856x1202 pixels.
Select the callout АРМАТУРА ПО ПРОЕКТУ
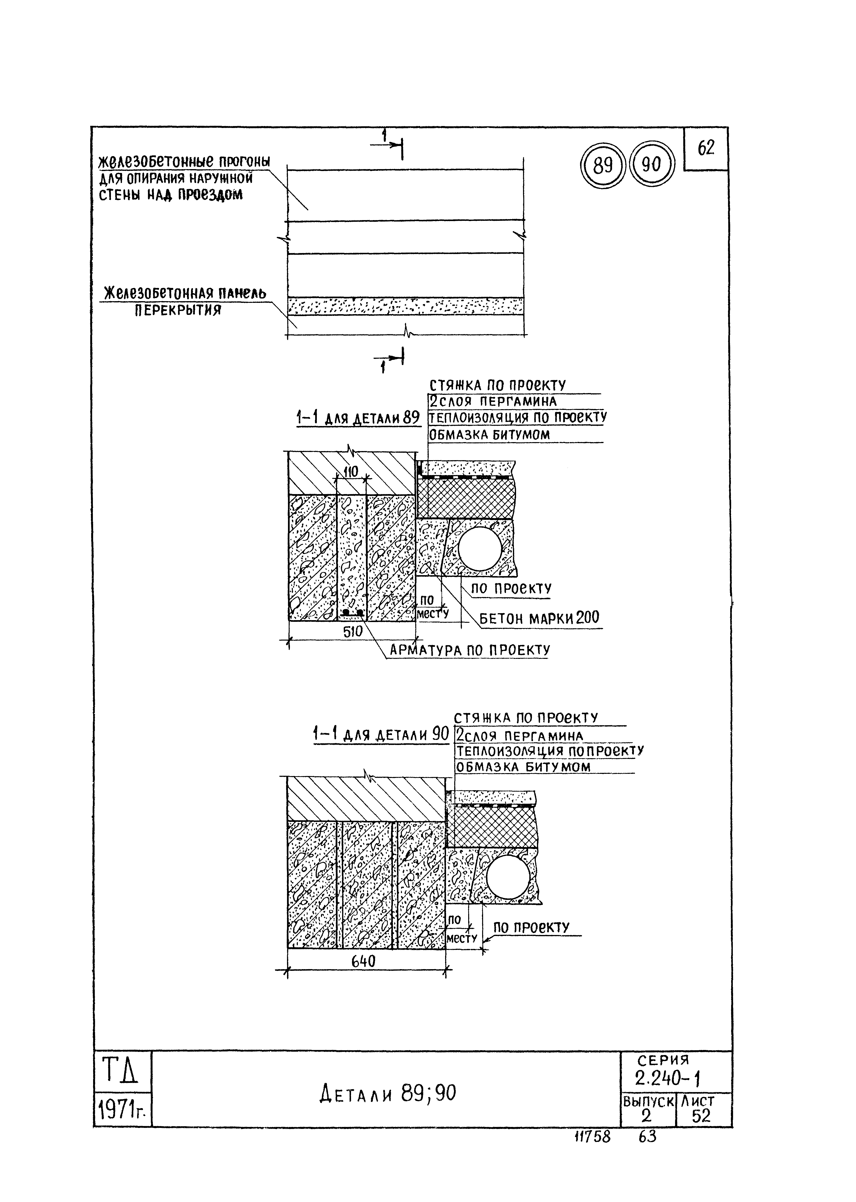point(469,650)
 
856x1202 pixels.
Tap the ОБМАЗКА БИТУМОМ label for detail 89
point(489,435)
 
